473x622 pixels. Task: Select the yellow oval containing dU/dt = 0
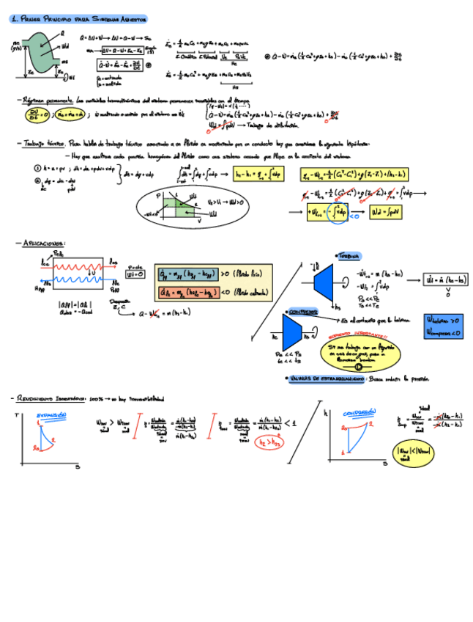click(x=34, y=114)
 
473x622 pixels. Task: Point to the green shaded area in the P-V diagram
click(x=174, y=208)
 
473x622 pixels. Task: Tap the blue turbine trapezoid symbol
click(x=323, y=280)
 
